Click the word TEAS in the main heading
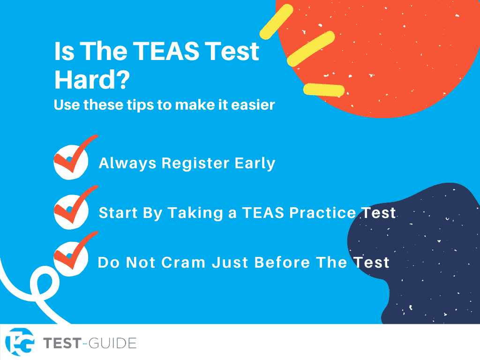pyautogui.click(x=165, y=51)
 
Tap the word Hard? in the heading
pyautogui.click(x=92, y=80)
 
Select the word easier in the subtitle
pyautogui.click(x=253, y=105)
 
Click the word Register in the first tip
pyautogui.click(x=195, y=164)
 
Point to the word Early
pyautogui.click(x=255, y=164)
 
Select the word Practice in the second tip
pyautogui.click(x=322, y=213)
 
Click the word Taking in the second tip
pyautogui.click(x=195, y=213)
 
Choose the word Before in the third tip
pyautogui.click(x=282, y=262)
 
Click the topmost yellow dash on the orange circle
pyautogui.click(x=277, y=22)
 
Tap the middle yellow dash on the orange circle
pyautogui.click(x=311, y=49)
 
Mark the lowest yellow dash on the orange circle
pyautogui.click(x=324, y=90)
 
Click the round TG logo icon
pyautogui.click(x=20, y=342)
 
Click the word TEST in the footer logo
pyautogui.click(x=62, y=343)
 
